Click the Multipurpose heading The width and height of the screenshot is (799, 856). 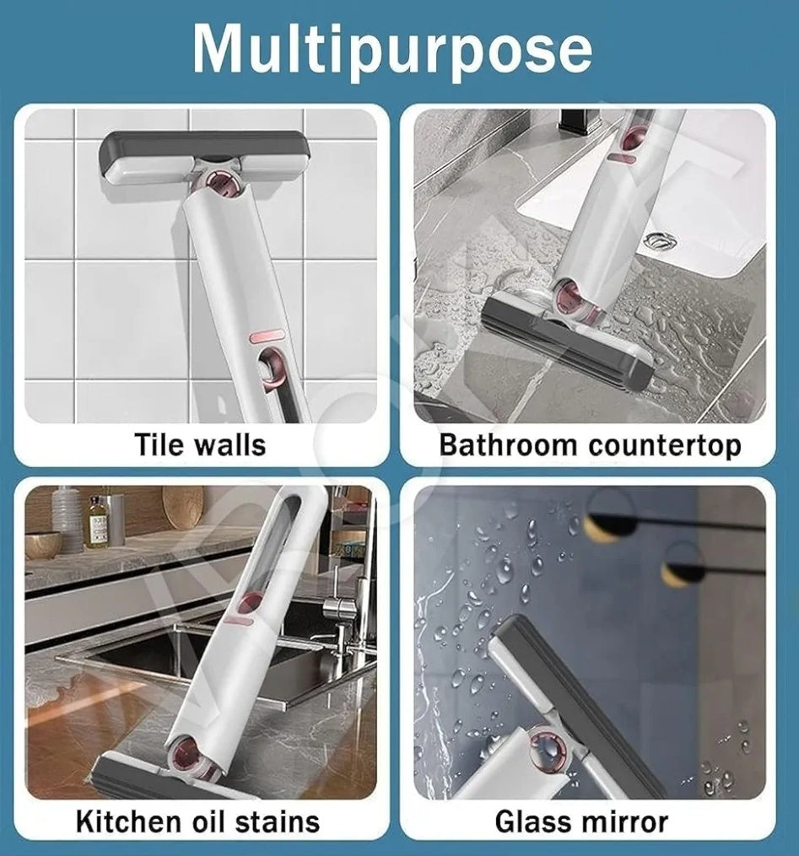392,49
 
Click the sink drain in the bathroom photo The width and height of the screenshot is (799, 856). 661,240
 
